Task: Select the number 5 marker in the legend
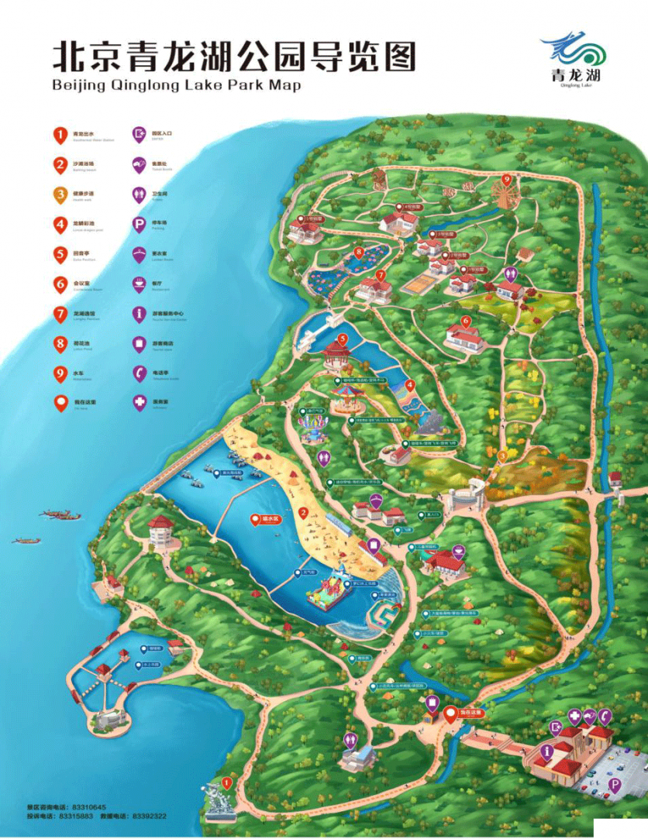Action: tap(60, 254)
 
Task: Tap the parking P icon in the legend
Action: tap(140, 225)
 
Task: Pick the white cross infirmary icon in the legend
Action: tap(140, 403)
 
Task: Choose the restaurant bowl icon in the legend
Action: tap(140, 284)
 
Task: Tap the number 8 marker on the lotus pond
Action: tap(360, 252)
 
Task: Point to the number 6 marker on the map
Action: tap(466, 320)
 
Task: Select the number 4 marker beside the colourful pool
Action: tap(410, 384)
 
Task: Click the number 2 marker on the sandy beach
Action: tap(304, 512)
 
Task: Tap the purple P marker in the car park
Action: tap(615, 786)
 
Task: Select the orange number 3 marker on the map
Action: tap(502, 456)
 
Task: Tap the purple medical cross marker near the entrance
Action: tap(574, 717)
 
